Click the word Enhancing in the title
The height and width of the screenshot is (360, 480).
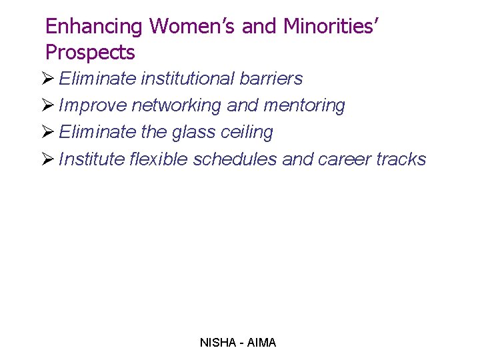[x=93, y=27]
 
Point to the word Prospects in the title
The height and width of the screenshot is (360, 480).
[x=90, y=53]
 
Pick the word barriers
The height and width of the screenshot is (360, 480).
[x=272, y=79]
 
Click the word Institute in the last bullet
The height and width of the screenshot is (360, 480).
[x=91, y=159]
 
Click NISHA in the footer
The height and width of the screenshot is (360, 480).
[x=217, y=343]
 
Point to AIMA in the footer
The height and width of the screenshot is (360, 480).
[x=261, y=343]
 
